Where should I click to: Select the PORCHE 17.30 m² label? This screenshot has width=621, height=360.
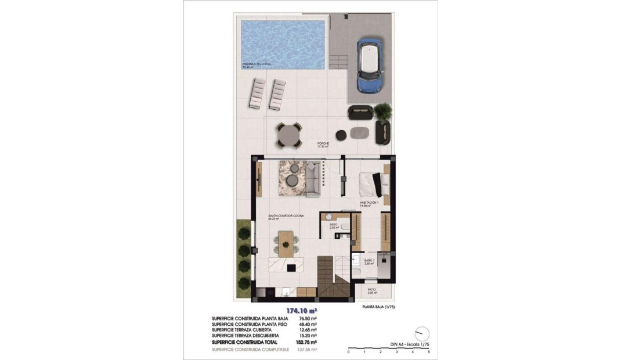[x=323, y=145]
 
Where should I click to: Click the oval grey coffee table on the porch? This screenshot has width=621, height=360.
[x=360, y=132]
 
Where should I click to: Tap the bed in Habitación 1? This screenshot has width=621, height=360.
[x=371, y=185]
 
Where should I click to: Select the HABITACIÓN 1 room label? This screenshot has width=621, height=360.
[x=370, y=204]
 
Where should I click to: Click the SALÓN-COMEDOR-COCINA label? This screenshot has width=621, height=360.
[x=286, y=217]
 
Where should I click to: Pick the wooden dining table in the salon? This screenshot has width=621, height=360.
[x=287, y=243]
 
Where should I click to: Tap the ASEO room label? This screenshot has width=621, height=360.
[x=334, y=225]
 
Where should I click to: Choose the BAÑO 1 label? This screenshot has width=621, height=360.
[x=370, y=261]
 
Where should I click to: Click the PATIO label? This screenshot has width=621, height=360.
[x=372, y=290]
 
